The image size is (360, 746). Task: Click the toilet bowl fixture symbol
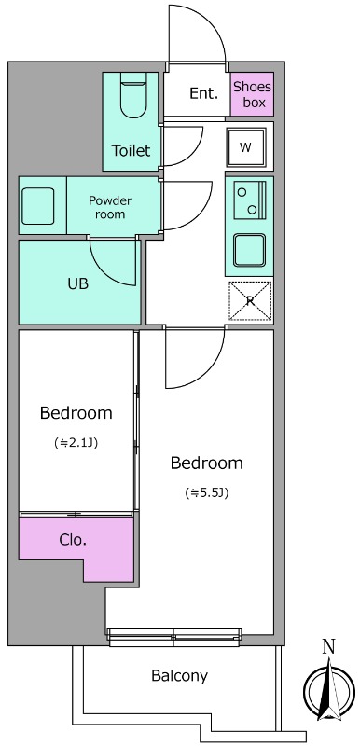pyautogui.click(x=133, y=95)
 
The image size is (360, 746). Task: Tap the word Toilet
pyautogui.click(x=131, y=150)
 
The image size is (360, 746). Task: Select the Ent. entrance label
pyautogui.click(x=203, y=93)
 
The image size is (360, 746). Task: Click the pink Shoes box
pyautogui.click(x=252, y=94)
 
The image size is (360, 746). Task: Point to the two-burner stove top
pyautogui.click(x=250, y=200)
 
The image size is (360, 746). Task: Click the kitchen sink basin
pyautogui.click(x=249, y=250)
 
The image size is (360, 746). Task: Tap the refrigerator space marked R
pyautogui.click(x=251, y=300)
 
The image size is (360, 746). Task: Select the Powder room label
pyautogui.click(x=110, y=207)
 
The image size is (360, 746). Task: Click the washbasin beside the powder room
pyautogui.click(x=38, y=206)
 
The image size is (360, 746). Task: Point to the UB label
pyautogui.click(x=78, y=284)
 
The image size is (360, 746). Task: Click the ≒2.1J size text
pyautogui.click(x=76, y=444)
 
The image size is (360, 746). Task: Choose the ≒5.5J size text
pyautogui.click(x=207, y=493)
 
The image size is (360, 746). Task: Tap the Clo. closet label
pyautogui.click(x=73, y=540)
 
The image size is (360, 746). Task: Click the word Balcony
pyautogui.click(x=179, y=675)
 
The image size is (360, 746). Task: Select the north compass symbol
pyautogui.click(x=329, y=690)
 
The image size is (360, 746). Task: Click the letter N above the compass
pyautogui.click(x=328, y=646)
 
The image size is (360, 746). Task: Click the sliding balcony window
pyautogui.click(x=174, y=637)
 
